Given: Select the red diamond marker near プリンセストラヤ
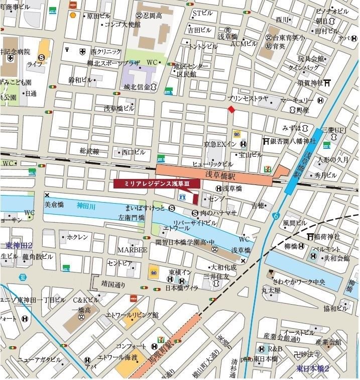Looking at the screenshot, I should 231,110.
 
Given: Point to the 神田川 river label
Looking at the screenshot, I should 86,205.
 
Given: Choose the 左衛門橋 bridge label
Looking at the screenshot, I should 132,217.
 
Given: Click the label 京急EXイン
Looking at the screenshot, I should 220,144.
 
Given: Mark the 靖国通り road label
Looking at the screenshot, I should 113,283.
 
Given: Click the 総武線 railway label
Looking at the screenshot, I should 89,151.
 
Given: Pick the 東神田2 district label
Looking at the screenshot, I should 19,245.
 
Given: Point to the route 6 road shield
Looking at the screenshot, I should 276,216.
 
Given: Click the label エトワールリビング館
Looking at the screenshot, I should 132,315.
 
